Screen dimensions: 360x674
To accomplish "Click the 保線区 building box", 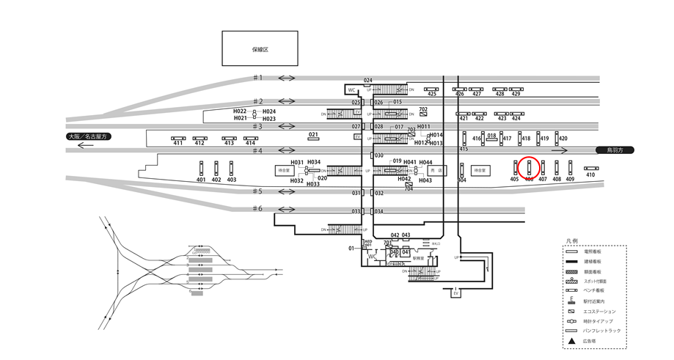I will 260,49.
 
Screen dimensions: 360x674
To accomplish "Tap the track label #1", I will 257,78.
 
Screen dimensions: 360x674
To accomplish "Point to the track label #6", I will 257,209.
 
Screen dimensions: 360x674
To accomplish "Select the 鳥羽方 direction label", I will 613,150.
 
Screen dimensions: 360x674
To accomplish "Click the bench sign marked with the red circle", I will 529,167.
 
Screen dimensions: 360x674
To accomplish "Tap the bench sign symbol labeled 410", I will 590,168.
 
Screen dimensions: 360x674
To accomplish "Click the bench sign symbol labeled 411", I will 178,138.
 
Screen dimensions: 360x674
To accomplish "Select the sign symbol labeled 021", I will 313,139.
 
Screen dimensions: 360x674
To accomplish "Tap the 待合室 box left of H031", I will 284,170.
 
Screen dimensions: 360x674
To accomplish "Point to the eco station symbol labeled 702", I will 423,116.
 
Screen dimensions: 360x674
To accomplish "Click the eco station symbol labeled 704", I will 409,184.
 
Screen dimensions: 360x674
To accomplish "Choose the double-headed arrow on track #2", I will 287,101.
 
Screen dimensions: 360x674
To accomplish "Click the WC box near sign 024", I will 352,90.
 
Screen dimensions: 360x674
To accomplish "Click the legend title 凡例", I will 572,240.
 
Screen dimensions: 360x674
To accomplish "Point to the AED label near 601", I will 368,240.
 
